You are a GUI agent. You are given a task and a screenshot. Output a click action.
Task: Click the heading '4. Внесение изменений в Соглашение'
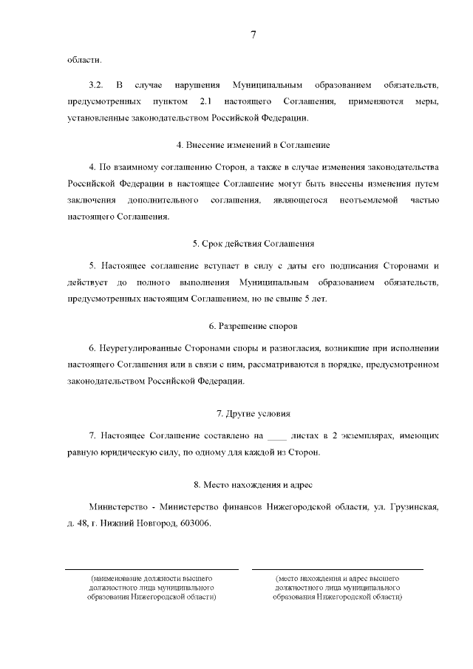click(253, 145)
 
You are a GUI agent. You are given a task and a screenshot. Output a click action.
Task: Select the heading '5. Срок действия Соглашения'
click(253, 243)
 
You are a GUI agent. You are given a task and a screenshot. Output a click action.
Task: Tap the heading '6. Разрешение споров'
click(253, 326)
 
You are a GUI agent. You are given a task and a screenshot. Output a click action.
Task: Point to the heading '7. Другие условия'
click(253, 413)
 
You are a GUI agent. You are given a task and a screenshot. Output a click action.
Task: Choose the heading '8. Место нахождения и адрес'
click(253, 485)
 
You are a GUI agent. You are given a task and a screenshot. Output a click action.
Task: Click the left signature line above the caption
click(152, 569)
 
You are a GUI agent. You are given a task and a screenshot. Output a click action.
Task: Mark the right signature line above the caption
click(337, 569)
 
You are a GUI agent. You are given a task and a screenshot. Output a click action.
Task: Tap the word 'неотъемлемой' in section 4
click(367, 200)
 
